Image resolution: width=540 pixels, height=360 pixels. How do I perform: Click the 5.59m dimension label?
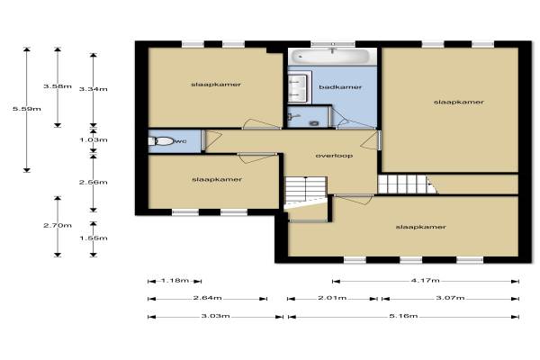[x=27, y=109]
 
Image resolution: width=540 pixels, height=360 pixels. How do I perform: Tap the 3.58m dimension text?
[x=58, y=86]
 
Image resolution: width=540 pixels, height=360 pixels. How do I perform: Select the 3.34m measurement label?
[x=94, y=89]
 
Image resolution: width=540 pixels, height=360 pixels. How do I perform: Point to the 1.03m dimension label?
[x=94, y=139]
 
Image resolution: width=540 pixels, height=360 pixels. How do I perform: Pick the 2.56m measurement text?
[x=94, y=182]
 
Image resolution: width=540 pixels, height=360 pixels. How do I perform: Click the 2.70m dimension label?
[x=58, y=226]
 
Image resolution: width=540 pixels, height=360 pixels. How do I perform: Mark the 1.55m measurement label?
[x=94, y=238]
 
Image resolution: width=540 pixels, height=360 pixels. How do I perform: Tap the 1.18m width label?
[x=175, y=281]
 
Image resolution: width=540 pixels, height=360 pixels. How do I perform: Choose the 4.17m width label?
[x=426, y=281]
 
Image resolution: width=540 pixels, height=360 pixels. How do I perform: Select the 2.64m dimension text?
[x=207, y=298]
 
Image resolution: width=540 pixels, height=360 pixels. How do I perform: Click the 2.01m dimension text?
[x=332, y=298]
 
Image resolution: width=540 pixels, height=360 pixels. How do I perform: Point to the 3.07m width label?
[x=451, y=298]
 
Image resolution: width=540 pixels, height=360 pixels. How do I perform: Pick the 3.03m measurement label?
[x=215, y=316]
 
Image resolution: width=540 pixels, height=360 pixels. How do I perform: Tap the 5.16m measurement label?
[x=403, y=316]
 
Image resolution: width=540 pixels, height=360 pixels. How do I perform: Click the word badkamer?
[x=340, y=87]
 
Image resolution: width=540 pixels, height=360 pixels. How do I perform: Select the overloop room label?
[x=334, y=156]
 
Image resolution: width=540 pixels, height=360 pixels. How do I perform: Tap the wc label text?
[x=181, y=141]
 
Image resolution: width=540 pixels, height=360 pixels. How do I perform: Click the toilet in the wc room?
[x=161, y=141]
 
